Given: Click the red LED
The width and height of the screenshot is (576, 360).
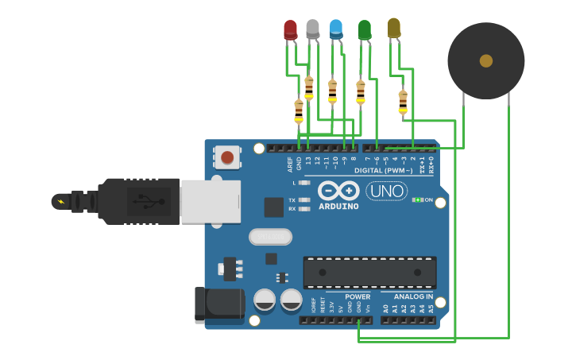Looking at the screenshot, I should click(291, 30).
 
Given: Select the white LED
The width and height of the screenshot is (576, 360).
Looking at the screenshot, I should click(313, 29).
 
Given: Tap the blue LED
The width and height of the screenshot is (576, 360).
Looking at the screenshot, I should click(336, 29).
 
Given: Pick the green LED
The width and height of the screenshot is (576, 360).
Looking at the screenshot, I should click(365, 30).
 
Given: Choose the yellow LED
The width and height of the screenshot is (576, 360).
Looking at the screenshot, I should click(393, 28).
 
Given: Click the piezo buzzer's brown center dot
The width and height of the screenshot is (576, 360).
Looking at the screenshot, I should click(486, 60).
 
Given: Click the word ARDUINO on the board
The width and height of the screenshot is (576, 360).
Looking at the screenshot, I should click(339, 207).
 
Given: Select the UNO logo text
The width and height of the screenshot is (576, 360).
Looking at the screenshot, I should click(386, 192).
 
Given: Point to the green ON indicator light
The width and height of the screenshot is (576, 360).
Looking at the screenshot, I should click(417, 199).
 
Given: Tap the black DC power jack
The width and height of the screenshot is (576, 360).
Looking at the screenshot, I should click(219, 304).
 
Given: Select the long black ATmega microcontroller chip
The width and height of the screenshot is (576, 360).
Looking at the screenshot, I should click(369, 273).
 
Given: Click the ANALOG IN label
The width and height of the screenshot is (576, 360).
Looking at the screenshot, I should click(413, 296).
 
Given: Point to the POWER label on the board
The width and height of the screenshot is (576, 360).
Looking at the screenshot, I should click(358, 296).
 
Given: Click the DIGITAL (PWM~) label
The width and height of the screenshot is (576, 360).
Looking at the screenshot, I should click(383, 171).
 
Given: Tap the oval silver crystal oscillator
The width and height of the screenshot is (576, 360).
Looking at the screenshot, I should click(270, 237).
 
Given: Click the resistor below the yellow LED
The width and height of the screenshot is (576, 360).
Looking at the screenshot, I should click(403, 102).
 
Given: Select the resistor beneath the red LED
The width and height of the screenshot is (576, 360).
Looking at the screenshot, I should click(299, 111).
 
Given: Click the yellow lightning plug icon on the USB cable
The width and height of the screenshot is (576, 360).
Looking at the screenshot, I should click(60, 201).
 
